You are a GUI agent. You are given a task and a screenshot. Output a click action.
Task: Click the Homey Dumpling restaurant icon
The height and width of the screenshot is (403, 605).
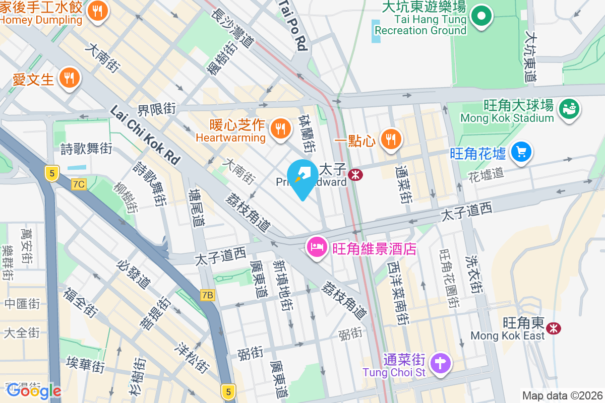[x=97, y=11]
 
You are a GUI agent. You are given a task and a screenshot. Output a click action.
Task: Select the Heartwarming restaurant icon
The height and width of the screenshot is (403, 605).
[x=279, y=128]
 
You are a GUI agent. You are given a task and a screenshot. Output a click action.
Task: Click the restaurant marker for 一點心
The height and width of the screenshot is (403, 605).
[x=390, y=139]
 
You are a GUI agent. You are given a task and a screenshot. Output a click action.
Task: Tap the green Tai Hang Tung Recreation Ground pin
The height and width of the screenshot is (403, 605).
[x=481, y=16]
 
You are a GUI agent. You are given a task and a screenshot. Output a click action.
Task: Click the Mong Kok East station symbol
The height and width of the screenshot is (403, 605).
[x=554, y=328]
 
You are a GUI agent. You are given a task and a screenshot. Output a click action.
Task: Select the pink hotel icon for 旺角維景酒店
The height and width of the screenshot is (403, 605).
[x=316, y=248]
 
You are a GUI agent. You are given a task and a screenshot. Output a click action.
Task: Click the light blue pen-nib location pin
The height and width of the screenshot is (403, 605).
[x=302, y=177]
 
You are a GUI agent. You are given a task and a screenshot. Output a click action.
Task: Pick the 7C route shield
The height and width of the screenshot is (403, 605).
[x=78, y=184]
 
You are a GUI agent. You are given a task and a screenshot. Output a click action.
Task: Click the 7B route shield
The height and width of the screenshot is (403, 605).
[x=207, y=295]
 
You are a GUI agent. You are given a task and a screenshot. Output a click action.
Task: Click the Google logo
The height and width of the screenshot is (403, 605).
[x=34, y=391]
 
